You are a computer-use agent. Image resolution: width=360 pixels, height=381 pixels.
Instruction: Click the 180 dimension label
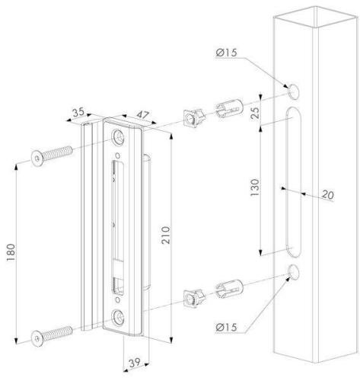[x=11, y=252]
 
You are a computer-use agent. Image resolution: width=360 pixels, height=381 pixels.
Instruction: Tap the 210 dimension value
[x=166, y=235]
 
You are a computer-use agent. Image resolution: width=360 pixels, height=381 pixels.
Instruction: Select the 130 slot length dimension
[x=255, y=187]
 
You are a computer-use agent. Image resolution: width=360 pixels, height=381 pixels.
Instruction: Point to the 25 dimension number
[x=256, y=113]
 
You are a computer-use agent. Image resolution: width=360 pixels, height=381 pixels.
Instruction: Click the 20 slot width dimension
[x=328, y=195]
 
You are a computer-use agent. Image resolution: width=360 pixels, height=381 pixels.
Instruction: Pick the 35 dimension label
[x=78, y=112]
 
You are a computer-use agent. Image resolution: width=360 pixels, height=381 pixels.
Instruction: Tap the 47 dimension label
[x=143, y=115]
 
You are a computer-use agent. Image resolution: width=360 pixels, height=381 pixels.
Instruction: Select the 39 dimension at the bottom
[x=135, y=363]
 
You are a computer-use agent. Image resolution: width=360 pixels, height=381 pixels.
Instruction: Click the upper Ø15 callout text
[x=226, y=53]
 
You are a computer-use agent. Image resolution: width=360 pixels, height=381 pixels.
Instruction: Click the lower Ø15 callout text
[x=226, y=327]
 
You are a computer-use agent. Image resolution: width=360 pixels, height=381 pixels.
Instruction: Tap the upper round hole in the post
[x=293, y=91]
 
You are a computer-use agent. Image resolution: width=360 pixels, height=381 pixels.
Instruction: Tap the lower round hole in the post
[x=293, y=272]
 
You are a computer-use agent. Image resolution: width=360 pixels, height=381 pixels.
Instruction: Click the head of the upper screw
[x=37, y=158]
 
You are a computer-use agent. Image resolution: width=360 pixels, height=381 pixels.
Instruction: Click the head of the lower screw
[x=37, y=338]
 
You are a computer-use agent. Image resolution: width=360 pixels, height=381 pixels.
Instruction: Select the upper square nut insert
[x=194, y=118]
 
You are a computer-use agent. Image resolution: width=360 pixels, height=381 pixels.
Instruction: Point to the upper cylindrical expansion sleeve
[x=229, y=109]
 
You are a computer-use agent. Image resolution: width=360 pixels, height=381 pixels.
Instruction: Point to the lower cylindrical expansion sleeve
[x=229, y=289]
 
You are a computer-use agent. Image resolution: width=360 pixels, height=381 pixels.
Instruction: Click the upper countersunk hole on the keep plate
[x=119, y=138]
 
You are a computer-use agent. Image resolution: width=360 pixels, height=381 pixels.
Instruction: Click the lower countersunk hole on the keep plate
[x=119, y=318]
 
